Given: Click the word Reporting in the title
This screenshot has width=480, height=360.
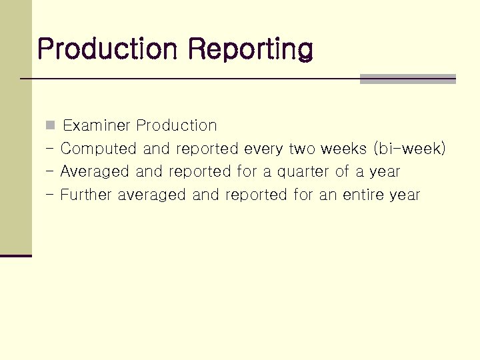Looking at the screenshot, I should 250,49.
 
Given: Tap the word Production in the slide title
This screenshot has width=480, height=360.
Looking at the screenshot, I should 107,49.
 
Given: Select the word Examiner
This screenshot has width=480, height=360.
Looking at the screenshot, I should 97,125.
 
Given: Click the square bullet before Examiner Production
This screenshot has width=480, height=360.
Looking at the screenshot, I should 50,125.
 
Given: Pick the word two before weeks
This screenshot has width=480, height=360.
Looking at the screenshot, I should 303,149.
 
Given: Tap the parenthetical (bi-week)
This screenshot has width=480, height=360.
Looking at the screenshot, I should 409,149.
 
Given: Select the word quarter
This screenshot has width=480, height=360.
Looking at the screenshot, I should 303,172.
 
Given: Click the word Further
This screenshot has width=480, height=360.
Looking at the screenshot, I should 86,195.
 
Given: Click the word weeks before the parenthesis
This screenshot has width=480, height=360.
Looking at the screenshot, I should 344,149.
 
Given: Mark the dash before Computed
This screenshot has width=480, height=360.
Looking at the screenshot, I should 50,148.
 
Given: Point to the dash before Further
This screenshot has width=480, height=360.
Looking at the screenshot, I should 50,195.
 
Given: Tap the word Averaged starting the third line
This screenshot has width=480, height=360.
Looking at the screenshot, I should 95,172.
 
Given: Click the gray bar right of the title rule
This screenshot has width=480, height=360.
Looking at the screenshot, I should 407,79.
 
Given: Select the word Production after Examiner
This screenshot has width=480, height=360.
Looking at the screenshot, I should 177,125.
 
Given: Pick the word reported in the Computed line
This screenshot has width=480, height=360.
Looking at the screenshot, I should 207,149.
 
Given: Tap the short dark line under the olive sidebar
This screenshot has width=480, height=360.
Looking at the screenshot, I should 16,255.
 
